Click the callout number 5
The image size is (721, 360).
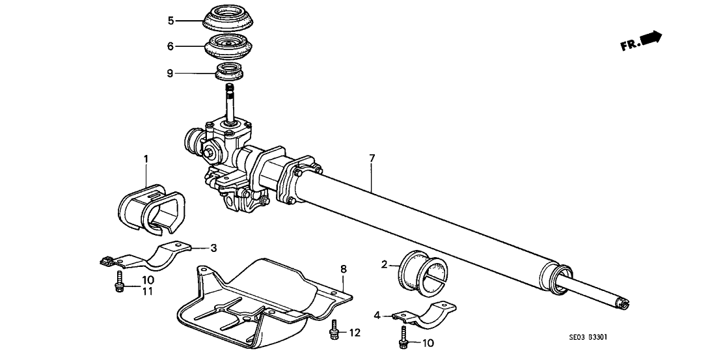pyautogui.click(x=171, y=20)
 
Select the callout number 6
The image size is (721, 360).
pyautogui.click(x=171, y=46)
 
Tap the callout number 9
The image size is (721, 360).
pyautogui.click(x=171, y=73)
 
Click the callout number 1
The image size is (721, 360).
pyautogui.click(x=146, y=158)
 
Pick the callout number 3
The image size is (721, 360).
pyautogui.click(x=212, y=248)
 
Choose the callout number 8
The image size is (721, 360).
pyautogui.click(x=343, y=268)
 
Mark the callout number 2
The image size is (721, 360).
pyautogui.click(x=385, y=264)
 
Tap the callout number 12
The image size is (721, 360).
pyautogui.click(x=354, y=333)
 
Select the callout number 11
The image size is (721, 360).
pyautogui.click(x=148, y=290)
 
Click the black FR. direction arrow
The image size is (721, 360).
pyautogui.click(x=650, y=38)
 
